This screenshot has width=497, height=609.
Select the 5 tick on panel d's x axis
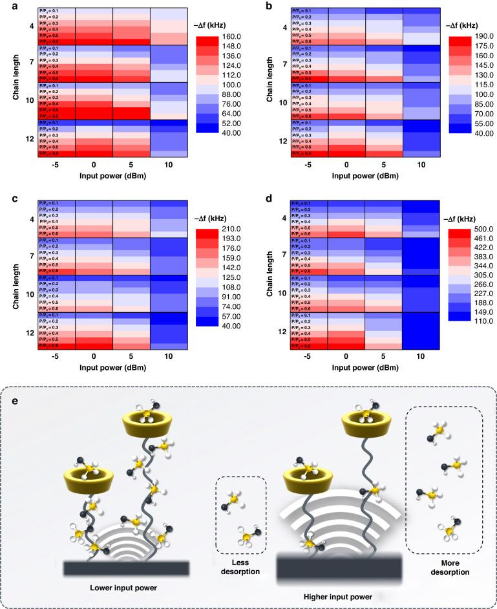[x=383, y=355]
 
